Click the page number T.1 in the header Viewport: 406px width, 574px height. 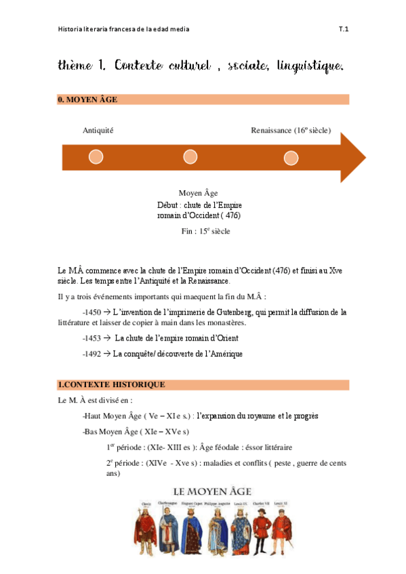tap(344, 29)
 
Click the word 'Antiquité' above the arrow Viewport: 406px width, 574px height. tap(98, 130)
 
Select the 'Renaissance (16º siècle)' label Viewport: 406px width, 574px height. tap(291, 130)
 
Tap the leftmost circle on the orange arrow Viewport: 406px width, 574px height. tap(96, 157)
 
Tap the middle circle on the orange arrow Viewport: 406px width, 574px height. tap(190, 157)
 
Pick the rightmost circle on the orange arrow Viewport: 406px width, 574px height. tap(291, 158)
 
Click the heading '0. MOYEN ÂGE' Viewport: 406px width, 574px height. tap(88, 100)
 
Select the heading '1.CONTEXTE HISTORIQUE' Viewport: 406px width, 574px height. tap(111, 384)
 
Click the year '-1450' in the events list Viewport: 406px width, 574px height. tap(91, 312)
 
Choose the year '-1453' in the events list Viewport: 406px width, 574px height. tap(91, 338)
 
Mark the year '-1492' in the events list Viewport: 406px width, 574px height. tap(91, 353)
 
